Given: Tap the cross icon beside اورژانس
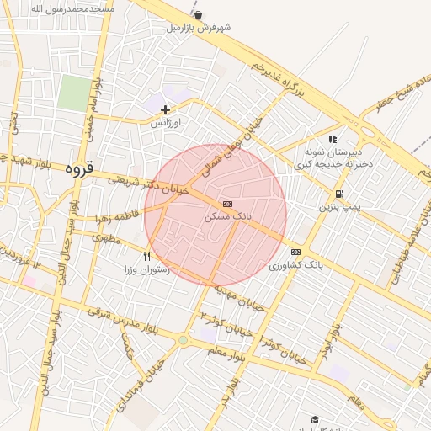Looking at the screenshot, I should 165,109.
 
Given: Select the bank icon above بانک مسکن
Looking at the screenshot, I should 227,204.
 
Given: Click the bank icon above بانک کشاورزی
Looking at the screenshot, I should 295,252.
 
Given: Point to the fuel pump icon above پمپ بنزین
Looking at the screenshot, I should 338,193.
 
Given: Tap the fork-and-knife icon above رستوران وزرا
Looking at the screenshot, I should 147,256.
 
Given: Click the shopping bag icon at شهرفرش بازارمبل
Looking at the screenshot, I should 198,15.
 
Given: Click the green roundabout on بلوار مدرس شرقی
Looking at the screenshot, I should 183,340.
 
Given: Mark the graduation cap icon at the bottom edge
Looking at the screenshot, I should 315,419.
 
